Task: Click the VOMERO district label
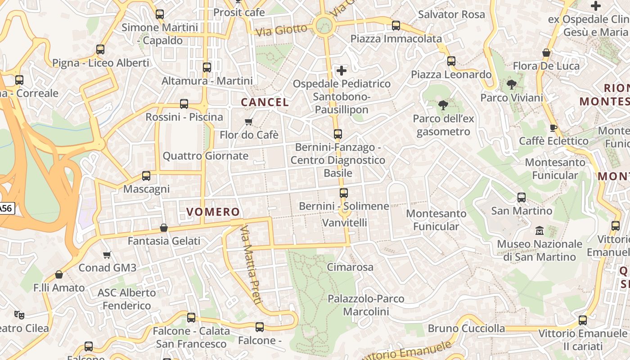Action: [213, 211]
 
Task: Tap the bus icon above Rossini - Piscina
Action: [184, 104]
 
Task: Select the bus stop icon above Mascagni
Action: [146, 176]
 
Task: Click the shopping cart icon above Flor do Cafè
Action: [248, 121]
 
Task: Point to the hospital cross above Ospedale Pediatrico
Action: [342, 70]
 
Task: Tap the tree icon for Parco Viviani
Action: [511, 84]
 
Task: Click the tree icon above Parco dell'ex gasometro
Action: [443, 105]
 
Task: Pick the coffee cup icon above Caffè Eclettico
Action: [553, 128]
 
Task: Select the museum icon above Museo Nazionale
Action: [540, 231]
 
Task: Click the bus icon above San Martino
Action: [522, 197]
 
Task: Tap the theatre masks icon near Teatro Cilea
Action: [19, 315]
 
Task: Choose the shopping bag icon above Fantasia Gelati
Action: [164, 228]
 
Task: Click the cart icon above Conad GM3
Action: [107, 255]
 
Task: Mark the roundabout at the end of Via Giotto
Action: [324, 25]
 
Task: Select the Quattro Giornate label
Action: [205, 156]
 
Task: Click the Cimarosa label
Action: [350, 267]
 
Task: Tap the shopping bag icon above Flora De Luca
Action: [546, 53]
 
